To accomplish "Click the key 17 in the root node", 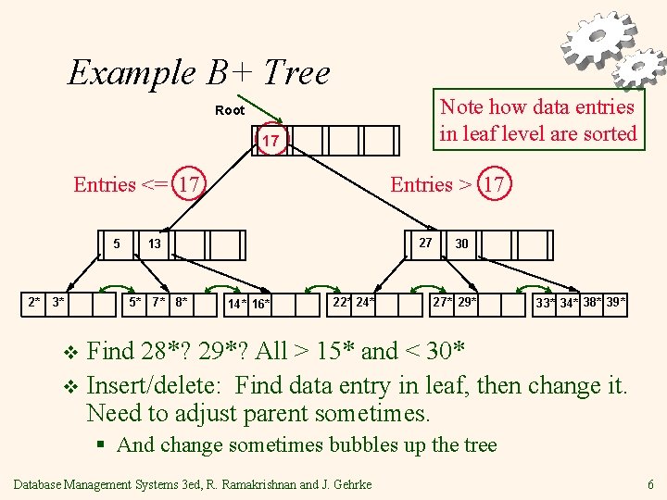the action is click(271, 141).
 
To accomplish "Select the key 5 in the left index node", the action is click(116, 244).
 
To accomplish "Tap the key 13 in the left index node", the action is click(155, 244).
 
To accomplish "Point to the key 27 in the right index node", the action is click(425, 243).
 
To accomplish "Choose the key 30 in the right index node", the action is click(461, 244).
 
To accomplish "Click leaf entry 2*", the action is click(34, 302).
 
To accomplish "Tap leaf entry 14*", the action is click(237, 304).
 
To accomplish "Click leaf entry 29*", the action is click(468, 302).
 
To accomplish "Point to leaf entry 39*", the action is click(616, 302).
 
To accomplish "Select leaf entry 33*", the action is click(547, 304).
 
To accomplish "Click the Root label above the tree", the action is click(230, 110).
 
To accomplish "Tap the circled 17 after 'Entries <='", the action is click(191, 184).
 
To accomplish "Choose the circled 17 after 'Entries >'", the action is click(494, 184).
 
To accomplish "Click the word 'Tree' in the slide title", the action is click(296, 71).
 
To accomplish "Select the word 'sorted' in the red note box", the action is click(607, 133).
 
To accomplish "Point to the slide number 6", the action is click(651, 484).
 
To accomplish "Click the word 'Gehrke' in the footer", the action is click(349, 484).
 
